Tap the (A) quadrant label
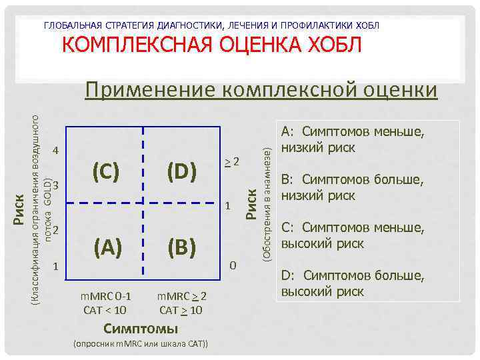107,247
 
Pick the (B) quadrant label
182,247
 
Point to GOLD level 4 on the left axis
56,150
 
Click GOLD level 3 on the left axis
56,185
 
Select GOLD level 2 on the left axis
56,231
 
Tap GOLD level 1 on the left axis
56,266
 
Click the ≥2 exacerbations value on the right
231,161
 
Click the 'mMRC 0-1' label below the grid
107,297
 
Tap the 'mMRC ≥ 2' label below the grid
181,297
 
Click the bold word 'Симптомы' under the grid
141,328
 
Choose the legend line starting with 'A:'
353,139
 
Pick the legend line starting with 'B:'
353,187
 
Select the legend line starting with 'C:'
353,235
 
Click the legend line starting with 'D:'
353,283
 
